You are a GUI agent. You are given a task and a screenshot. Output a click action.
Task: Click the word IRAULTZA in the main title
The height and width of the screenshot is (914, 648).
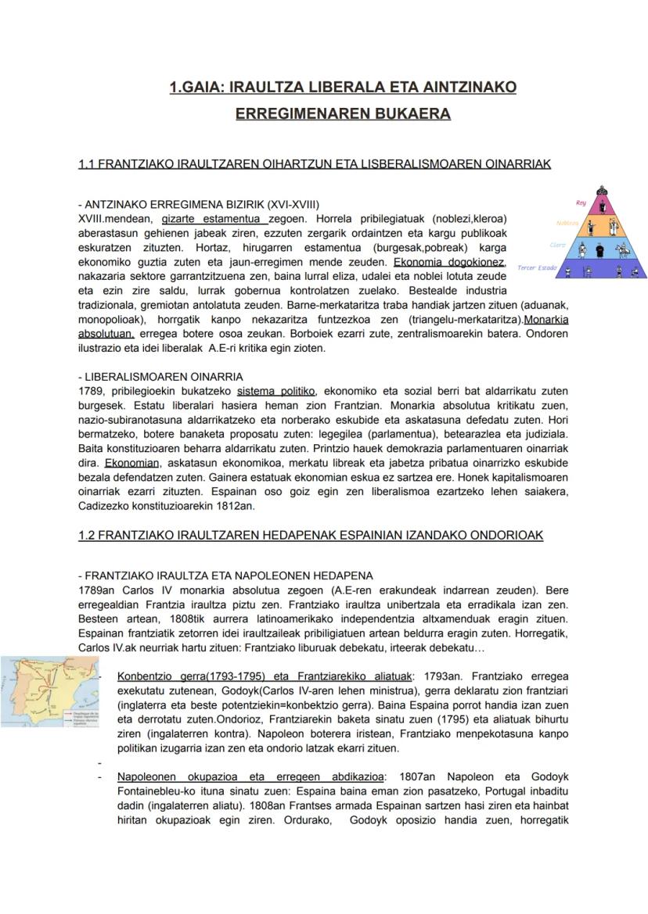click(265, 88)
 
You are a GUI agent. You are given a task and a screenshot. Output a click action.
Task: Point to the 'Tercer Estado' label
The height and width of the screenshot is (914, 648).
click(537, 268)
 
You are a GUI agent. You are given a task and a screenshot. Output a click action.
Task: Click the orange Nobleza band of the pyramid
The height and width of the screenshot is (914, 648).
click(601, 228)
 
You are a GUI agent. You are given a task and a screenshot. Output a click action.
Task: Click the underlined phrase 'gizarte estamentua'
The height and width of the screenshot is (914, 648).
click(214, 219)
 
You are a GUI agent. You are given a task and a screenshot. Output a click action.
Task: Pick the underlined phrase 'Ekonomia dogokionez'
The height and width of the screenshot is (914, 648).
click(449, 262)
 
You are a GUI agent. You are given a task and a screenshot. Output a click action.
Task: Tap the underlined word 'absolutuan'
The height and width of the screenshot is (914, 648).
click(106, 333)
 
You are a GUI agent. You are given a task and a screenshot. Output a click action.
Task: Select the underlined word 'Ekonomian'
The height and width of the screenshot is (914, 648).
click(132, 463)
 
